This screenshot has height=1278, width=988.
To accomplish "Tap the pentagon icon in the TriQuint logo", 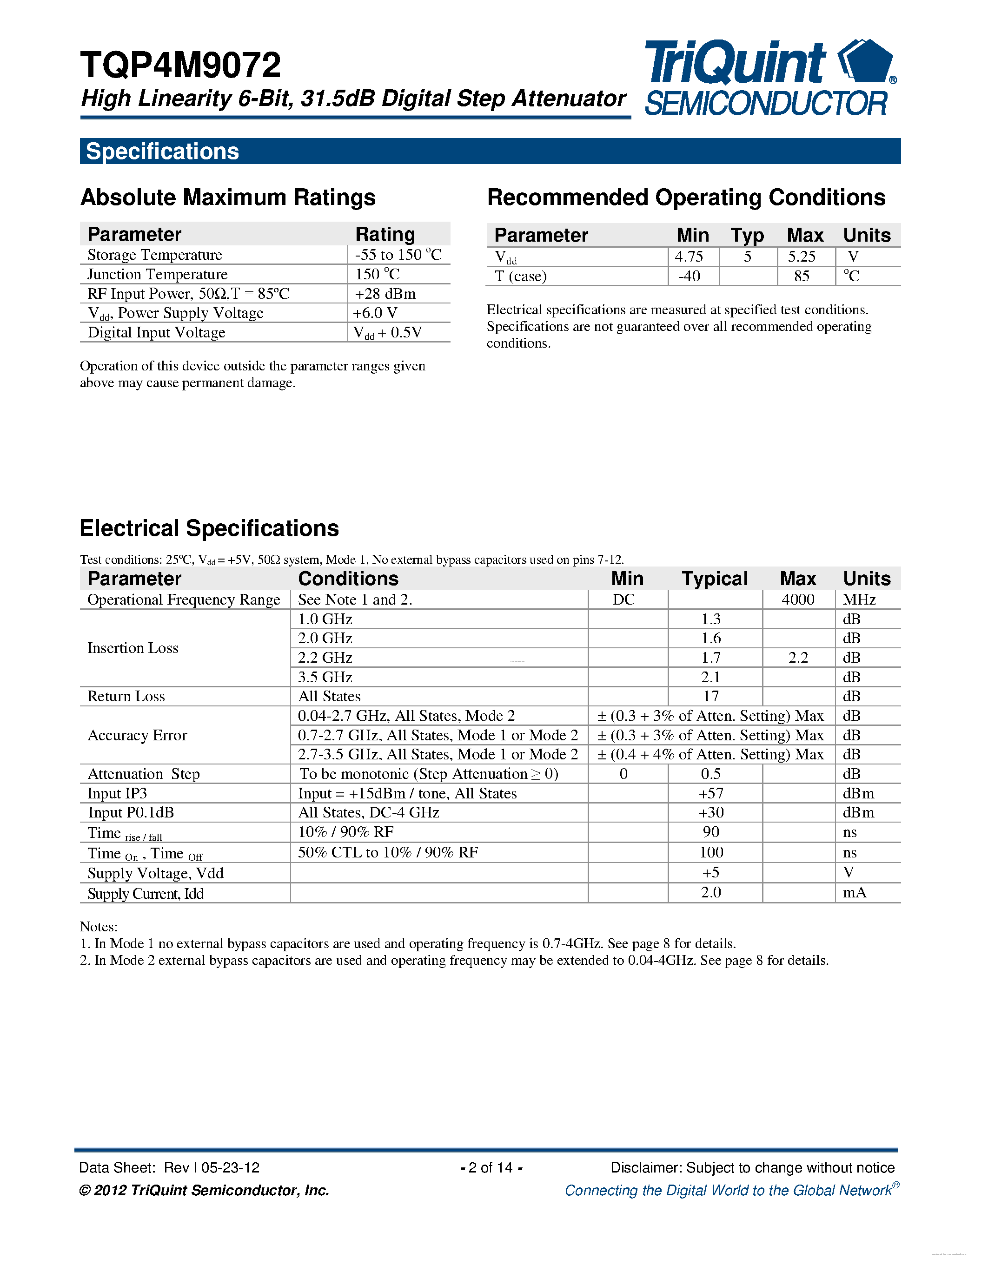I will coord(866,61).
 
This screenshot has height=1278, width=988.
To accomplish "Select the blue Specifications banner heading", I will coord(162,152).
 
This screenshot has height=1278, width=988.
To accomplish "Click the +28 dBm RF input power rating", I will coord(385,294).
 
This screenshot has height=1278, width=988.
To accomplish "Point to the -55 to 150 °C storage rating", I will coord(398,255).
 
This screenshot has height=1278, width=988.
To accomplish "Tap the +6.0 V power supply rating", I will coord(375,313).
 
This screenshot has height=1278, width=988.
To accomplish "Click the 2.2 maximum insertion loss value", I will coord(798,658).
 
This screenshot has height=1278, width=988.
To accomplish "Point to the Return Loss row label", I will coord(126,696).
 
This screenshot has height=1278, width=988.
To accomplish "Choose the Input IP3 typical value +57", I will coord(710,793).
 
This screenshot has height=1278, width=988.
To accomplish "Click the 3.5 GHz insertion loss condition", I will coord(325,677).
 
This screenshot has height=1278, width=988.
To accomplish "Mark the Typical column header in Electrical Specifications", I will coord(715,579).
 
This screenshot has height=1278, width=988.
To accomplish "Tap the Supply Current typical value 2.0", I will coord(710,892).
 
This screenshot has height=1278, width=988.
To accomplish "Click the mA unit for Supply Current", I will coord(854,892).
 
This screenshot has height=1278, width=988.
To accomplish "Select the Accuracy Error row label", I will coord(137,736).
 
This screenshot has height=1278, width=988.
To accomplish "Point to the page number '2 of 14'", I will coord(491,1167).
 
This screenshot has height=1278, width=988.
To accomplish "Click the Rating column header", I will coord(385,234).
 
